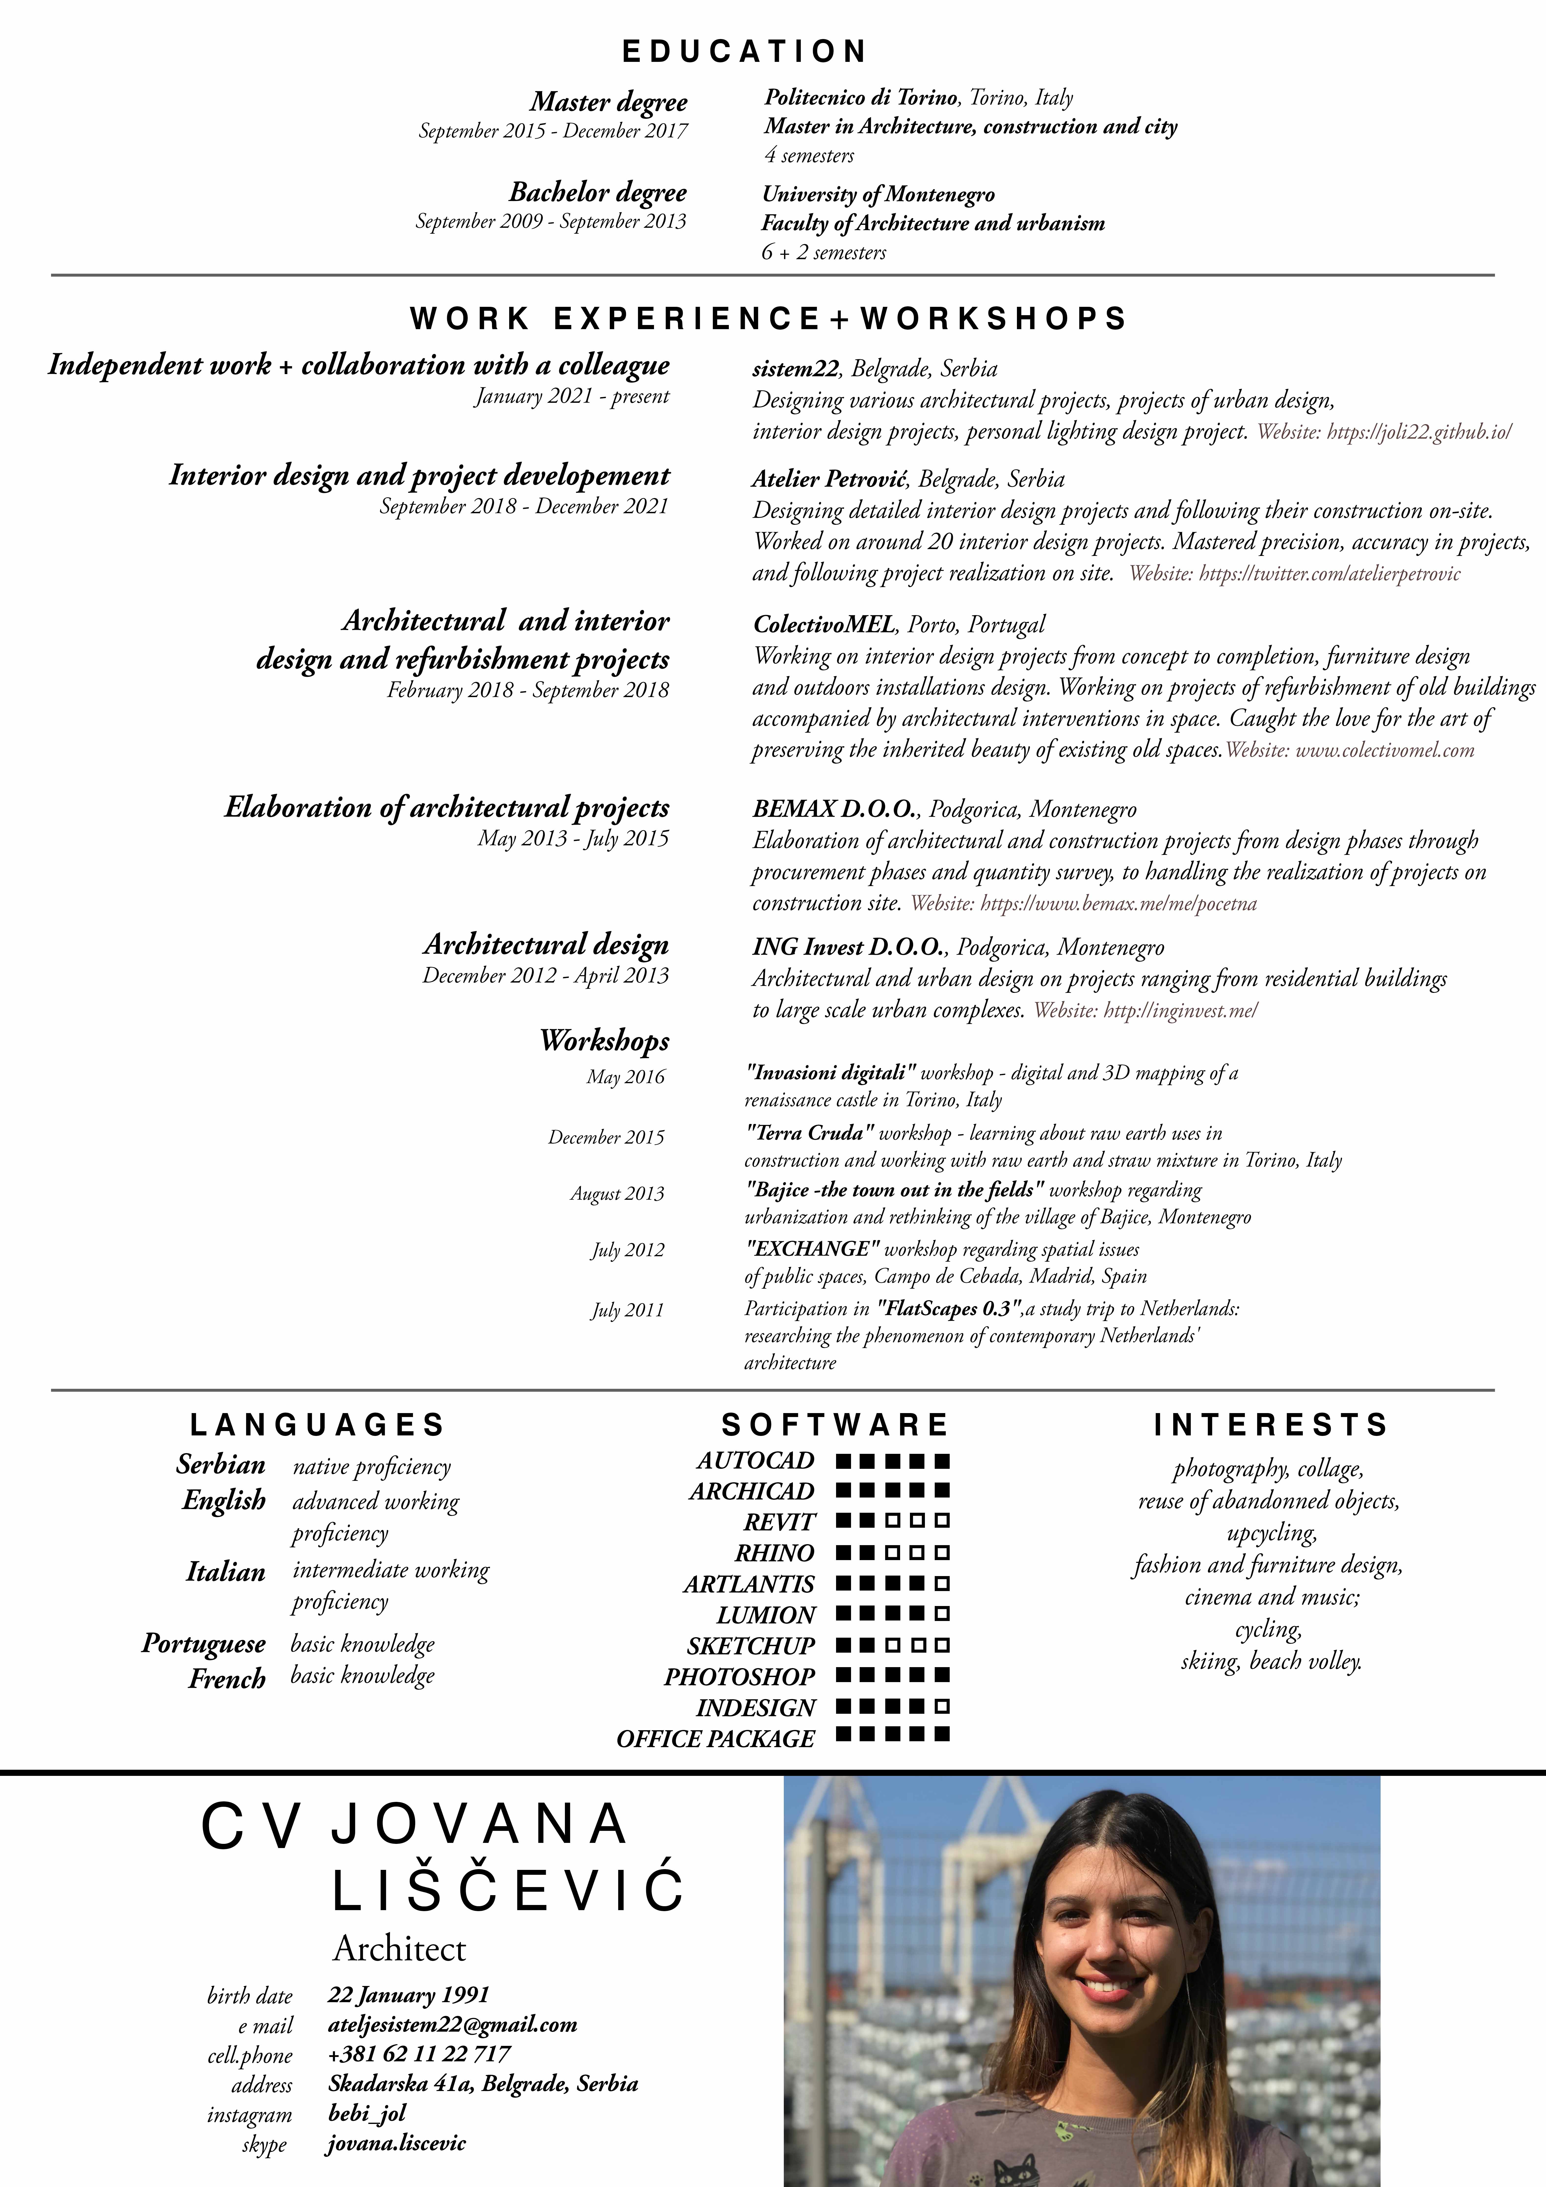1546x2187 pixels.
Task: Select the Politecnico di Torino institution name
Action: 861,97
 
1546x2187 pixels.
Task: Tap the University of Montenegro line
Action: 878,194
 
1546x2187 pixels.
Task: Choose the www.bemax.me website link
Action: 1118,904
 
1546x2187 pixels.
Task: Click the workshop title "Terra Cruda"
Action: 810,1134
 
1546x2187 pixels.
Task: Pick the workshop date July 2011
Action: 627,1311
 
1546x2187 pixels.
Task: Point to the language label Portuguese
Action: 203,1644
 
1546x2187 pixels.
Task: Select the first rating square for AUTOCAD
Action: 843,1460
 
